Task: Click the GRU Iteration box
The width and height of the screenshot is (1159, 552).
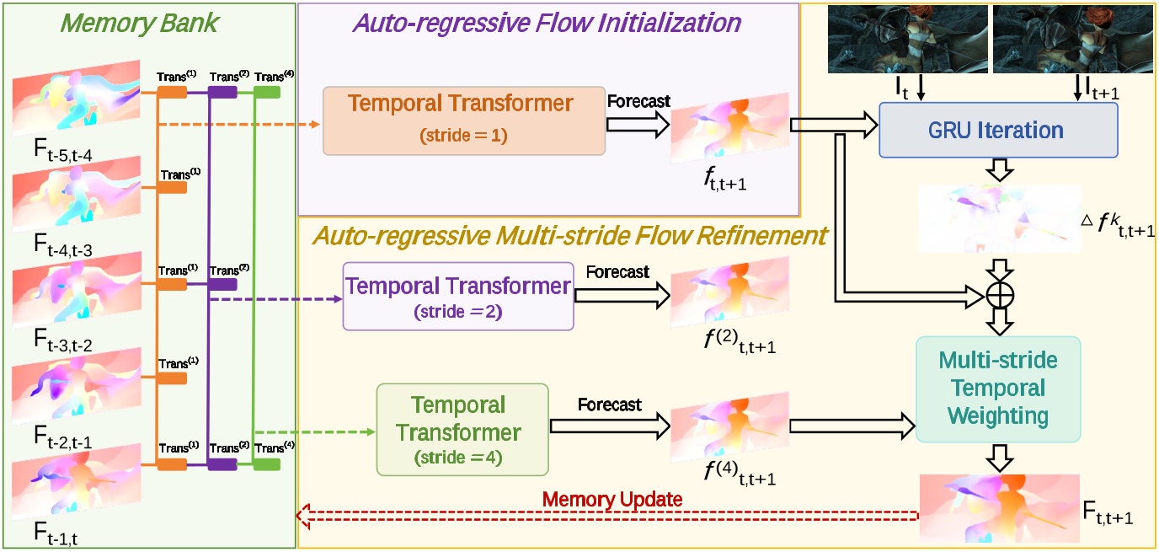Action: click(998, 131)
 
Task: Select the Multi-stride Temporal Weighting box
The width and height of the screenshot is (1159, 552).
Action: click(997, 389)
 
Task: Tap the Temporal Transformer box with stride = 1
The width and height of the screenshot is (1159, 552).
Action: click(464, 121)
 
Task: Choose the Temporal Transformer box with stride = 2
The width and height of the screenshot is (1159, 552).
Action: click(458, 296)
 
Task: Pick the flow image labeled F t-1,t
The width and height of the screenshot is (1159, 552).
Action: click(76, 483)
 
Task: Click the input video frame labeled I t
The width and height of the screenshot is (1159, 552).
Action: click(895, 39)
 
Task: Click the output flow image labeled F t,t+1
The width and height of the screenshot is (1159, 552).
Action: click(999, 506)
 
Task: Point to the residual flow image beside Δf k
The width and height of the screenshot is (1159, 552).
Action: click(999, 218)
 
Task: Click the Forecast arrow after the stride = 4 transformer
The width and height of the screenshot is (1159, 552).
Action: click(609, 426)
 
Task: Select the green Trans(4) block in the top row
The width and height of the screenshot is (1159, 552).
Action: click(267, 92)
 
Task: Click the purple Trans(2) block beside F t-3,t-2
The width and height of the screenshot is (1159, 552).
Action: click(222, 285)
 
